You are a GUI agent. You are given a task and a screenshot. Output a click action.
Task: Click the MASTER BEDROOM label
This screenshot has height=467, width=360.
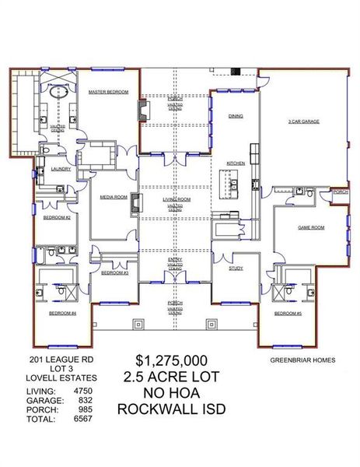click(107, 92)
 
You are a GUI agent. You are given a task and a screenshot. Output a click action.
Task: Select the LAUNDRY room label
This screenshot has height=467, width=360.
click(61, 168)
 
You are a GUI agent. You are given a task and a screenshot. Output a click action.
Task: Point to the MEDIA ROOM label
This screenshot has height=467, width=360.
click(113, 198)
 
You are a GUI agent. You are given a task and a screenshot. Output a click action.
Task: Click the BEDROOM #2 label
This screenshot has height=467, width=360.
click(57, 217)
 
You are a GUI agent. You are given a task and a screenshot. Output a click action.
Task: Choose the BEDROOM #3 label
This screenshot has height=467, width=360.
click(114, 273)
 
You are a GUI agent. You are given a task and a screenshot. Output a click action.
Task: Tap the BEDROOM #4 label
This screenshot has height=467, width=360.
click(62, 313)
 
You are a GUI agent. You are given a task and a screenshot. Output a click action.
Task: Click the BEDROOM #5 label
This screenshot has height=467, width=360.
click(287, 313)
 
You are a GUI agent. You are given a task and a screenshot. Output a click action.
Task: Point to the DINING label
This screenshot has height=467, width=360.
click(235, 116)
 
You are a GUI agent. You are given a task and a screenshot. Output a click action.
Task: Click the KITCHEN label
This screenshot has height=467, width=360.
click(236, 163)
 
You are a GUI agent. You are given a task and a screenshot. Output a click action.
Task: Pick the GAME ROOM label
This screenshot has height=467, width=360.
click(310, 227)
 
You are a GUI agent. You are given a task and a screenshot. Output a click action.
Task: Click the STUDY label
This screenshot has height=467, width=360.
click(236, 268)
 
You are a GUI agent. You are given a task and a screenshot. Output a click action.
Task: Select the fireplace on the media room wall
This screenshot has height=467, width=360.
click(136, 205)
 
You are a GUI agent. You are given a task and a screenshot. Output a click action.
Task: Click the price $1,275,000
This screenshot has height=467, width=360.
click(171, 360)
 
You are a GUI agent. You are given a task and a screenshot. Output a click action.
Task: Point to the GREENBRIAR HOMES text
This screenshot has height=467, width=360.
click(302, 360)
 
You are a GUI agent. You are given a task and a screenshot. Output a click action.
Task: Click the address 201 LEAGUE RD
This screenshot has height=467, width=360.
click(55, 360)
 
